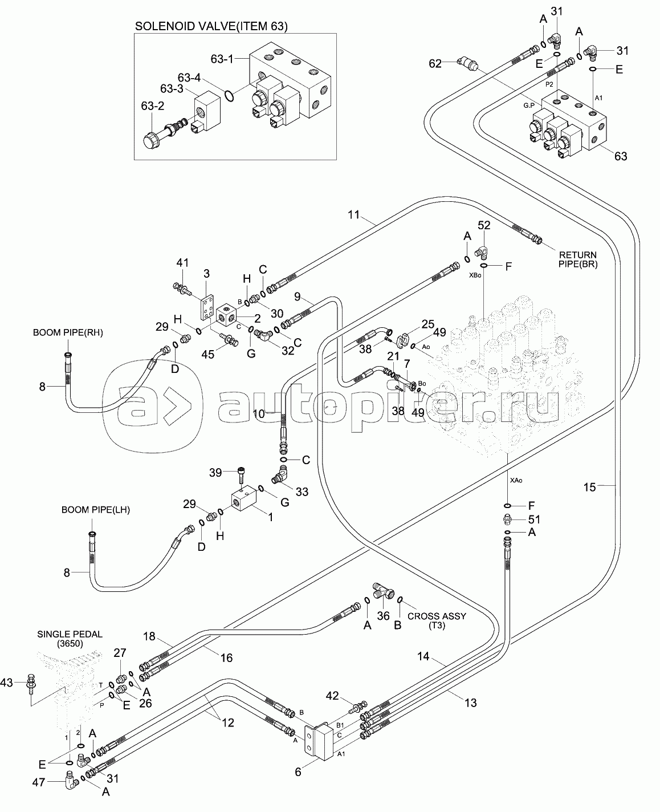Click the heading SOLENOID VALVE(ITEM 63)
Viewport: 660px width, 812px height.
click(x=210, y=26)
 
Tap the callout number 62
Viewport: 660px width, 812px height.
click(x=435, y=64)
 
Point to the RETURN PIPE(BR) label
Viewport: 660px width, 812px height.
click(x=577, y=259)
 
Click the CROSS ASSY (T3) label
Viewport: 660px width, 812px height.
click(x=437, y=620)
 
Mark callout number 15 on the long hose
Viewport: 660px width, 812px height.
click(x=589, y=486)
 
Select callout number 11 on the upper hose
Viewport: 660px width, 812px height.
click(x=354, y=214)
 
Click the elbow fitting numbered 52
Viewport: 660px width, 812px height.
click(x=482, y=250)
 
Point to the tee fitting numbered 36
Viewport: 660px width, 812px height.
click(x=382, y=591)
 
